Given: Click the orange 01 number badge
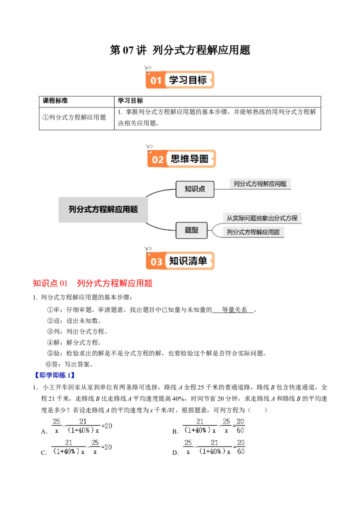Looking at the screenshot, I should click(x=155, y=81).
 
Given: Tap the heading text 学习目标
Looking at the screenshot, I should click(x=188, y=80).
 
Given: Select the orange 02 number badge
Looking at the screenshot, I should click(x=157, y=160).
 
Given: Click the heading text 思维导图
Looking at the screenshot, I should click(x=189, y=159).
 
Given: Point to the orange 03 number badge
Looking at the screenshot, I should click(x=156, y=262).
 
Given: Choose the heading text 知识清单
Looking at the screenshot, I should click(x=188, y=261).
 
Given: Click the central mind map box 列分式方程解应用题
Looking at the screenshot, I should click(x=103, y=209).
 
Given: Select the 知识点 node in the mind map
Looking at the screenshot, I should click(x=194, y=189).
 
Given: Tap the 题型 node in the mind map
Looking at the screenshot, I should click(x=191, y=230).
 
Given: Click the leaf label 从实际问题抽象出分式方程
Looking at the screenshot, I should click(x=262, y=218).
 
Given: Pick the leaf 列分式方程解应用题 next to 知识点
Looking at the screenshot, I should click(x=260, y=183).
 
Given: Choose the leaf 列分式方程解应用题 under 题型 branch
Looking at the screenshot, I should click(x=253, y=232).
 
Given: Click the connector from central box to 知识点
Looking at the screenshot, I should click(x=160, y=192).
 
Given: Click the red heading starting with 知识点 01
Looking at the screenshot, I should click(x=93, y=283).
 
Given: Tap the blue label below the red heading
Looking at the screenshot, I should click(x=54, y=375).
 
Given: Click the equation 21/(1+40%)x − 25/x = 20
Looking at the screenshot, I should click(x=82, y=446).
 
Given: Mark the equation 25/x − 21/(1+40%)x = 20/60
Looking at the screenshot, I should click(x=214, y=446).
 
